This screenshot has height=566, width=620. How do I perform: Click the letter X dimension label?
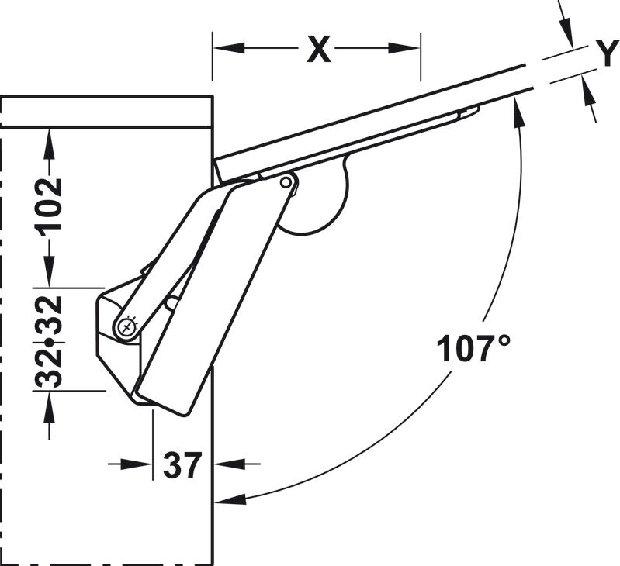(319, 50)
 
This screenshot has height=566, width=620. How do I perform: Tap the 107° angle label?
(473, 348)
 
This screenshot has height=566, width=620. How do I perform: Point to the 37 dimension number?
(182, 465)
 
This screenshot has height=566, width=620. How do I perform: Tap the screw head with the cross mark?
(127, 327)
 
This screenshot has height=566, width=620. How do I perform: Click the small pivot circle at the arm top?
(286, 182)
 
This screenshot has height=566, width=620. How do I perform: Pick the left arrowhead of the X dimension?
(229, 48)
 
